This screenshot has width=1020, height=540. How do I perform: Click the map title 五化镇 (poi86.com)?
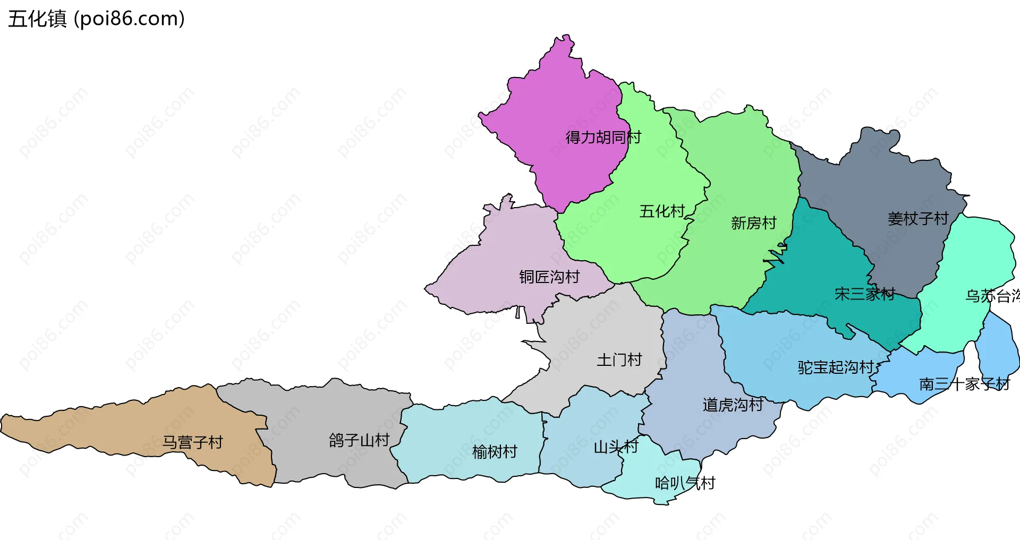pos(96,19)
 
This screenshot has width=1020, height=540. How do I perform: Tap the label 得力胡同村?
pos(603,138)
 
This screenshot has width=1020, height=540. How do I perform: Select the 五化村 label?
pos(662,211)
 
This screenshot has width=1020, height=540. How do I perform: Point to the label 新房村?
pos(753,223)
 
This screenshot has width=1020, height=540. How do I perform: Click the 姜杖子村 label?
pos(917,218)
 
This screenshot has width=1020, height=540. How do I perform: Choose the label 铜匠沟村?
pos(549,277)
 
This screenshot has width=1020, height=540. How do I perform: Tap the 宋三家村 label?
pos(864,294)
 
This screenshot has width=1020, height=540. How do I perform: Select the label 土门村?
pos(619,360)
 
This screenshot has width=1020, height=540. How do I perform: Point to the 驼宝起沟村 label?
pos(835,367)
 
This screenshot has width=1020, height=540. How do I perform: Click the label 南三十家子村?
pos(964,384)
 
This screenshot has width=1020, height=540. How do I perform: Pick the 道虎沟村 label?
pos(733,405)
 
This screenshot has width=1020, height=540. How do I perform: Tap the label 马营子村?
pos(192,442)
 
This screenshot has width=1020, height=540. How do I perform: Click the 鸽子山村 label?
pos(359,440)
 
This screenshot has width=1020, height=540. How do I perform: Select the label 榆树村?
pos(495,452)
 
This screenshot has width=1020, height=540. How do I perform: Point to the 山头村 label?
pos(616,447)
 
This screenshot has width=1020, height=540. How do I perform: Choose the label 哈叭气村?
pos(685,483)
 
